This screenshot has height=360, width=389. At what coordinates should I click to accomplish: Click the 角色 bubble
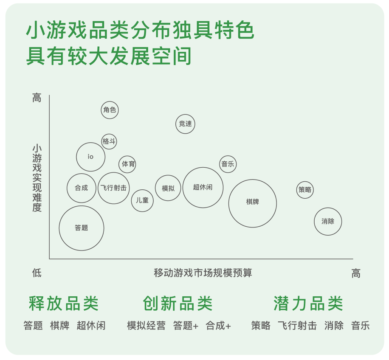coord(110,110)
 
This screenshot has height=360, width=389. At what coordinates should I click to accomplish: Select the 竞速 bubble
coord(185,124)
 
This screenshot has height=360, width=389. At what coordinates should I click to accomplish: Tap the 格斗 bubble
coord(109,141)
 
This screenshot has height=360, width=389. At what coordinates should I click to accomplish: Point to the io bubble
coord(90,157)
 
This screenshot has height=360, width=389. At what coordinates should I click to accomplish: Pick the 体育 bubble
coord(127,164)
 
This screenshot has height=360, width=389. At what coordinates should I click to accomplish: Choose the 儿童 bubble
coord(142,200)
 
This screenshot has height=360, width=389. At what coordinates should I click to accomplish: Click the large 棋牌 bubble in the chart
coord(253,203)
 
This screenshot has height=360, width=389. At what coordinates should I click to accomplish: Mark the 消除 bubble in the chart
coord(328,222)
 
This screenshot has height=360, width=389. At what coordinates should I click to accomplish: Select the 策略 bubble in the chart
coord(305,190)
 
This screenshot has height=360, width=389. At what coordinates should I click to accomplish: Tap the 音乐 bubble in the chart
coord(228,164)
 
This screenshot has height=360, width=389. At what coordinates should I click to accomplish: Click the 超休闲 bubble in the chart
coord(203,188)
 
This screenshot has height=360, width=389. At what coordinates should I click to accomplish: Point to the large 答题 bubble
coord(82,228)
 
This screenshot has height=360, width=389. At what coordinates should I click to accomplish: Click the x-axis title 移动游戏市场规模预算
coord(203,273)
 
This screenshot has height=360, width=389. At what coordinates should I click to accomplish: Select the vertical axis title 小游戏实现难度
coord(37,178)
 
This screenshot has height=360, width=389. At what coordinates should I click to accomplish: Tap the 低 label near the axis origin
coord(37,273)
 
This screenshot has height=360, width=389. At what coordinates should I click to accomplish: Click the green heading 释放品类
coord(64,303)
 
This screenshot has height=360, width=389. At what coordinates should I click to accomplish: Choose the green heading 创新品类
coord(178,303)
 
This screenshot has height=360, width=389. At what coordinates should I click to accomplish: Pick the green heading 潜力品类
coord(308,303)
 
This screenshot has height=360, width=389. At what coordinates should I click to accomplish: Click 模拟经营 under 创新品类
coord(146,326)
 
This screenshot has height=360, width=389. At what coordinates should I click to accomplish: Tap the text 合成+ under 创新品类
coord(218,326)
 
